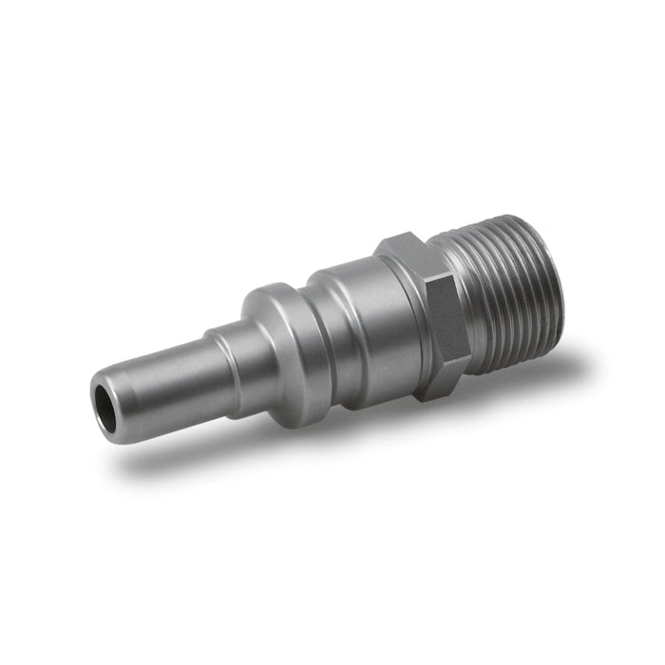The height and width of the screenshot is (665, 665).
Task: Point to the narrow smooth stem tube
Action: [x=166, y=366]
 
